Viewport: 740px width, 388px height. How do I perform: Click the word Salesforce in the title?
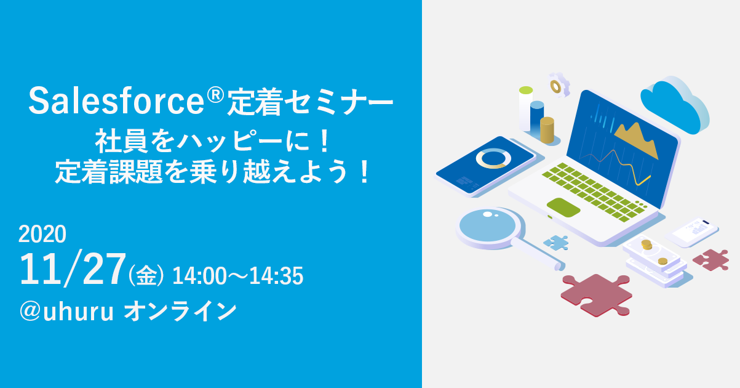point(117,100)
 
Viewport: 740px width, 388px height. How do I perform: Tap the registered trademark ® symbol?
point(216,94)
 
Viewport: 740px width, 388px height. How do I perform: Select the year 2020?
point(42,234)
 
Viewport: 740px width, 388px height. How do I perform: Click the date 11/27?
point(73,270)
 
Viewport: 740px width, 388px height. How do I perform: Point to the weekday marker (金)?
point(146,275)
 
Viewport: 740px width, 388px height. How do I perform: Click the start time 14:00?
point(199,276)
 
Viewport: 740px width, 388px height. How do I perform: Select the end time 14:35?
point(276,276)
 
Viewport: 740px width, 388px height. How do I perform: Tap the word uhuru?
point(78,312)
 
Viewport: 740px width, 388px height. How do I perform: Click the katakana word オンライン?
point(180,312)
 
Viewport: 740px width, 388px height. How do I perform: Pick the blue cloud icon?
point(675,105)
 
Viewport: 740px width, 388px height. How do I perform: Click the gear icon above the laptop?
point(559,86)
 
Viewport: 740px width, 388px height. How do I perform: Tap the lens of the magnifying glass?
point(488,225)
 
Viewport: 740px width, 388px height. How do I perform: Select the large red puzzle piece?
point(596,295)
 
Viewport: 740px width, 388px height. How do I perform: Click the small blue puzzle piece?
point(556,243)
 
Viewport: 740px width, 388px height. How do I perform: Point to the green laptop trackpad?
point(563,208)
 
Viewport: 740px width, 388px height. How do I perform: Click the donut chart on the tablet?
point(493,158)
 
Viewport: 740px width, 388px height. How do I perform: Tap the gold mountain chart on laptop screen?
point(636,140)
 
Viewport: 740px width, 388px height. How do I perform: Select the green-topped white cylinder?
point(525,109)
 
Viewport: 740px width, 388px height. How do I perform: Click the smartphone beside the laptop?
point(692,232)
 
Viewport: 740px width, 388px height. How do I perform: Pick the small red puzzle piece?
point(711,260)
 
